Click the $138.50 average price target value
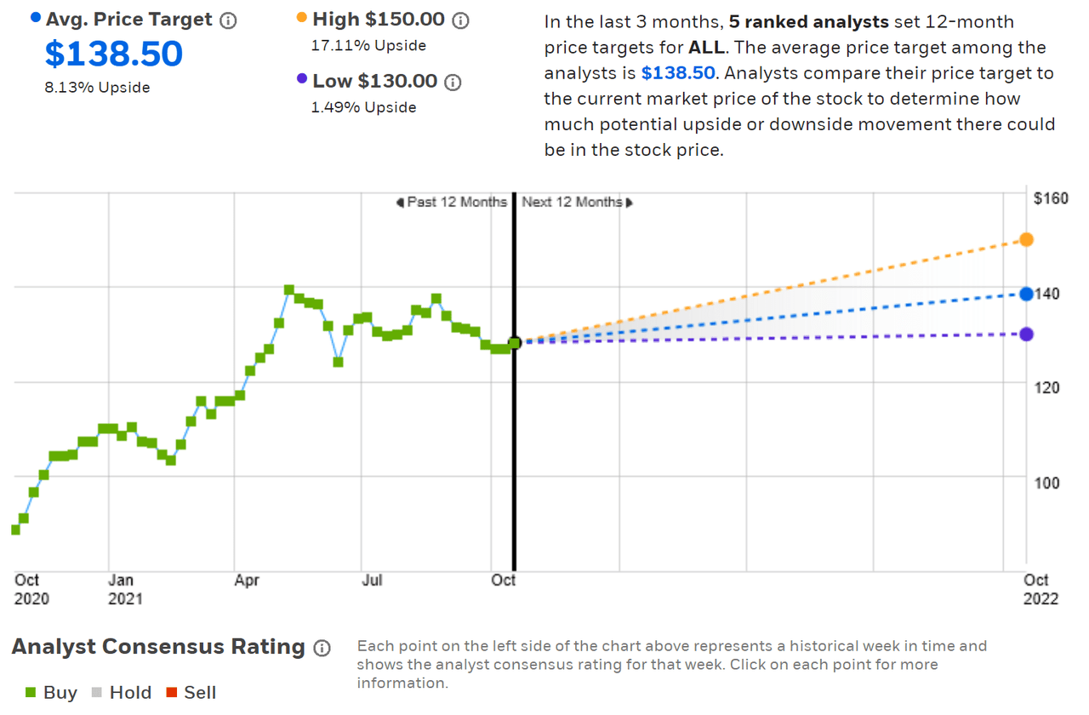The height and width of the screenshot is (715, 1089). pos(113,54)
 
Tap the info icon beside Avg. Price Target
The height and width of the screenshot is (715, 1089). pos(228,20)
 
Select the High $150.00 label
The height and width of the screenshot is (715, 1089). pos(379,20)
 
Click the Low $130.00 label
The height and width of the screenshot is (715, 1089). pos(375,82)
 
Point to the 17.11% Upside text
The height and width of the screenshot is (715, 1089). pos(369,45)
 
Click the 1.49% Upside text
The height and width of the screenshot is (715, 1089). pos(365,107)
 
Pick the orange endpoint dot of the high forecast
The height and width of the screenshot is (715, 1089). pos(1027,239)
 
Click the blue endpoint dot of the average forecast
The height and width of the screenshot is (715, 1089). pos(1027,294)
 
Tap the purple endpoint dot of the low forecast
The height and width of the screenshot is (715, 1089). pos(1027,334)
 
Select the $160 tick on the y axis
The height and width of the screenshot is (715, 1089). pos(1051,198)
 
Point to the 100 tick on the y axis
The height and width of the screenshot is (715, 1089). pos(1048,483)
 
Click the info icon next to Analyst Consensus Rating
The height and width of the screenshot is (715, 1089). pos(322,648)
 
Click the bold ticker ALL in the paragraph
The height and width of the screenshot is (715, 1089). pos(706,47)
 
